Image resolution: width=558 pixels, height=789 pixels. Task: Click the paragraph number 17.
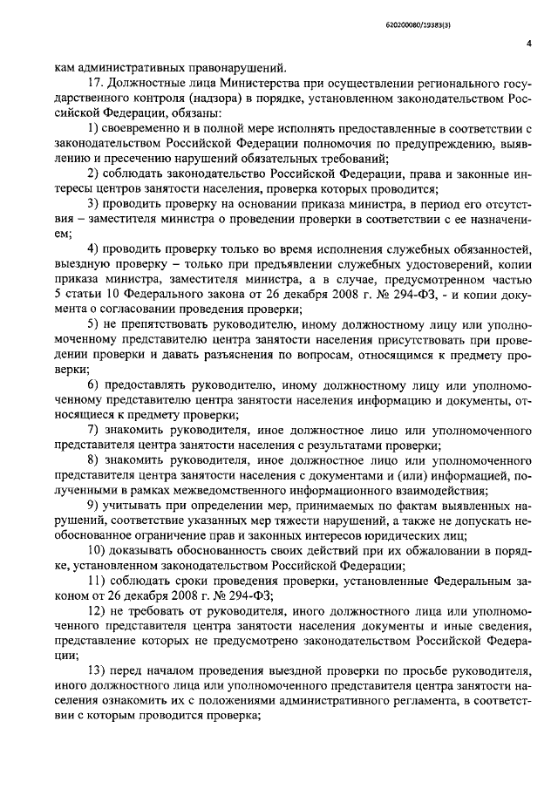pyautogui.click(x=97, y=83)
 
